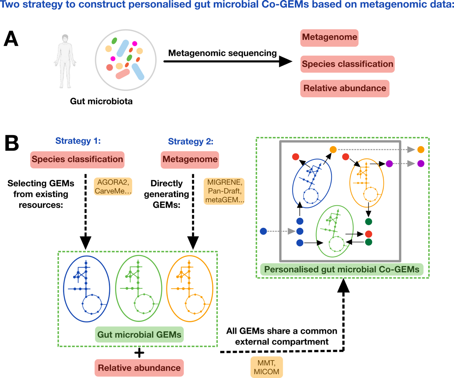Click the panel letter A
tap(11, 39)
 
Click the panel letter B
tap(12, 144)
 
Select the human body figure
tap(65, 61)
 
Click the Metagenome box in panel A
tap(329, 37)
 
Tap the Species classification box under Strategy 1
tap(77, 160)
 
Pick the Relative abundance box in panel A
tap(345, 88)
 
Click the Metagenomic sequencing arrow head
tap(285, 61)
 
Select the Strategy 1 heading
tap(78, 141)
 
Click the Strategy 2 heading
tap(191, 141)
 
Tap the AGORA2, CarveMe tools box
tap(113, 187)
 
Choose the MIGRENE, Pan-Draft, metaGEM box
tap(224, 191)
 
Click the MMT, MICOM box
tap(266, 367)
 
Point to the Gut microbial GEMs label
tap(139, 334)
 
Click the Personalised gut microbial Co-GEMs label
tap(342, 270)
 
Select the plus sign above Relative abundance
tap(139, 353)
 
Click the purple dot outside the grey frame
tap(421, 163)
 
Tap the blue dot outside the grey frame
tap(263, 231)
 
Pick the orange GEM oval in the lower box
tap(190, 288)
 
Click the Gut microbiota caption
tap(101, 101)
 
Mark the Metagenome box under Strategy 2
tap(190, 160)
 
